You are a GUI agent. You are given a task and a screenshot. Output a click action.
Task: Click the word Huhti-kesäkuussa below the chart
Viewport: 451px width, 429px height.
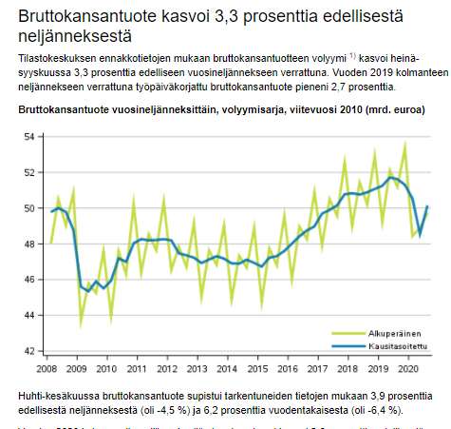pyautogui.click(x=61, y=394)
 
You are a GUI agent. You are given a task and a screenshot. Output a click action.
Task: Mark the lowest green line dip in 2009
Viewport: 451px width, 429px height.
pyautogui.click(x=81, y=325)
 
